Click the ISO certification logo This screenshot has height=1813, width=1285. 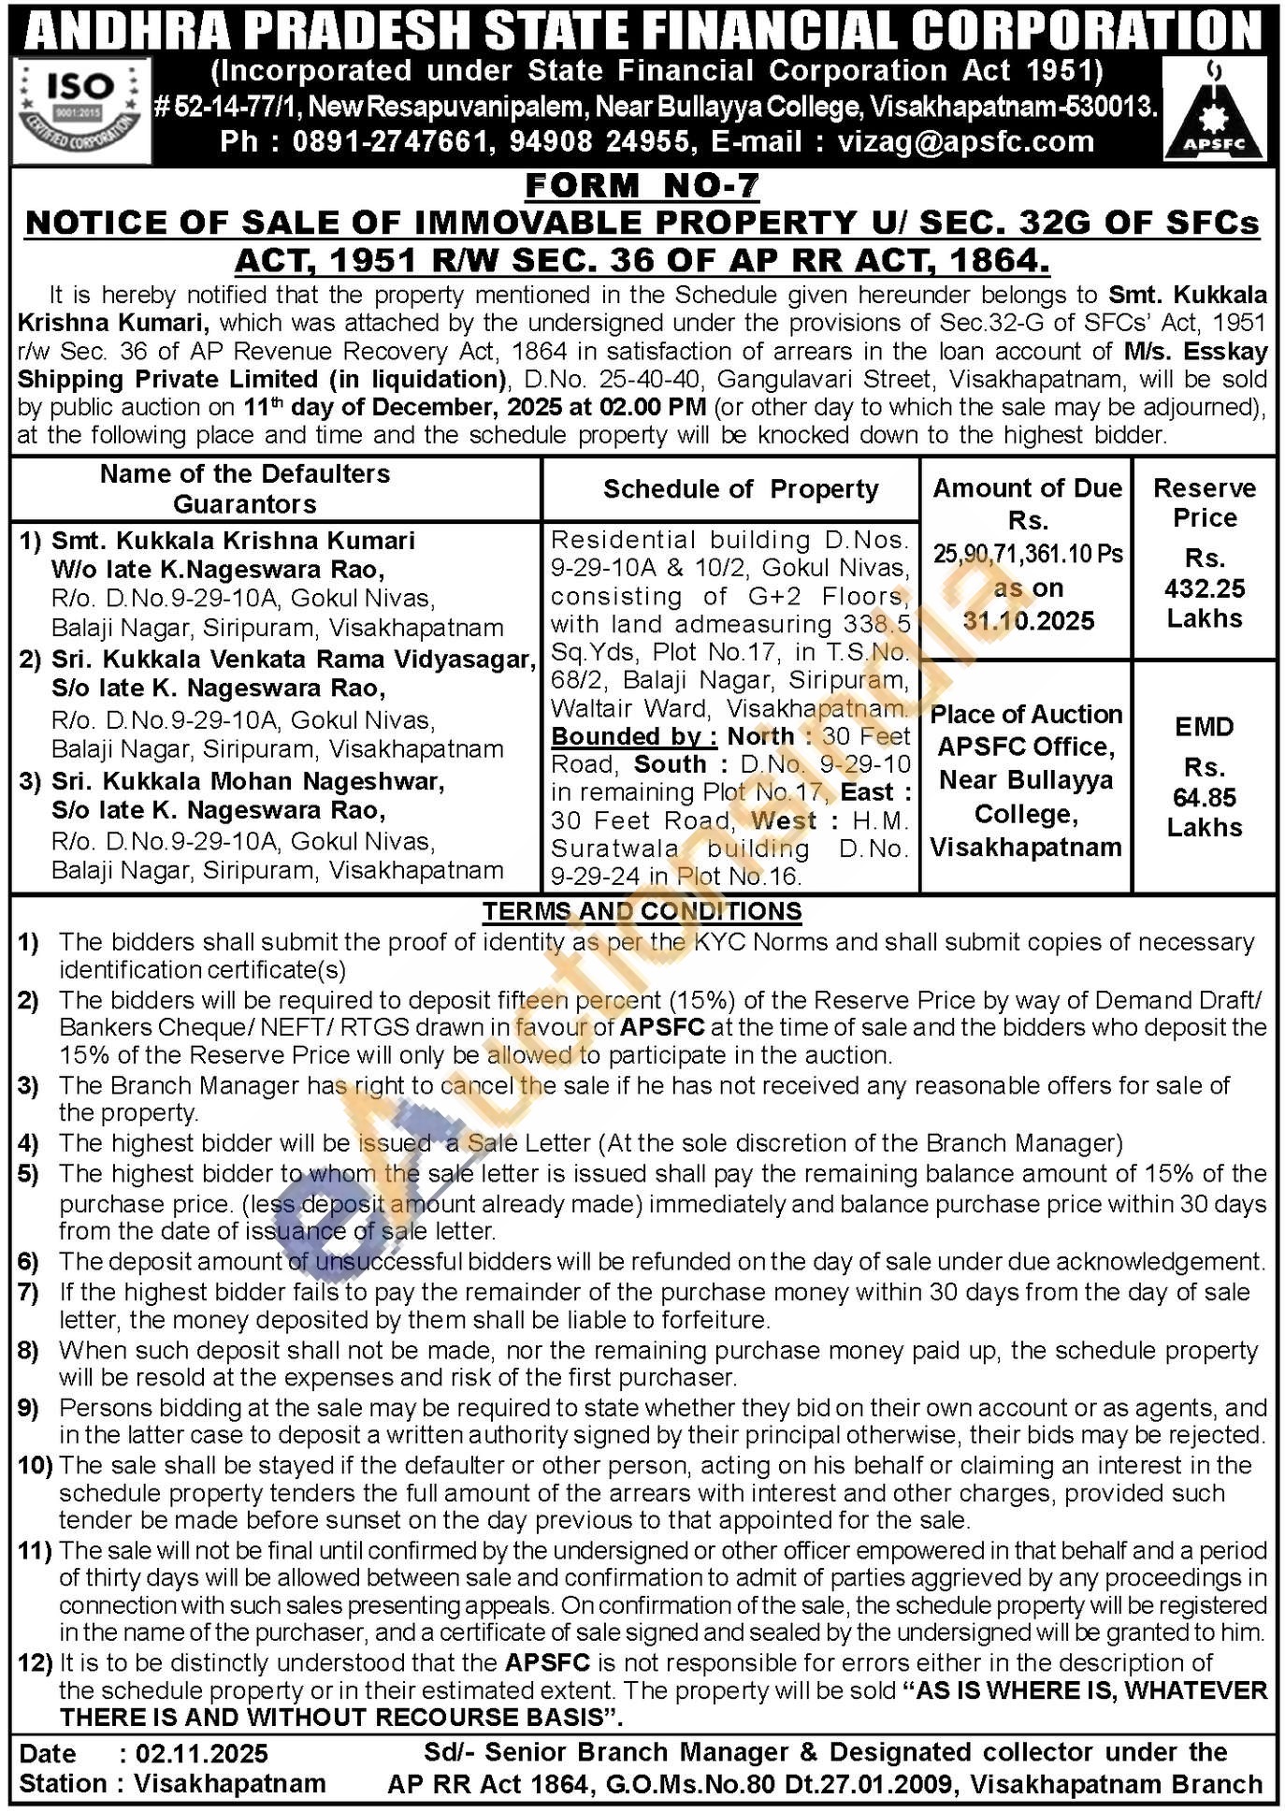pos(83,110)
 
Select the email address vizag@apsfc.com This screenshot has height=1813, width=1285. pos(966,142)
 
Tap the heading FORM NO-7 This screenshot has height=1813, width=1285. pos(642,186)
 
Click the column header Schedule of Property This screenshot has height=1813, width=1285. pos(741,489)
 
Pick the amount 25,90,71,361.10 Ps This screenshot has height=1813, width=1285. pos(1027,554)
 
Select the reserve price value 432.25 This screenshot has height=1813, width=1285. pos(1205,588)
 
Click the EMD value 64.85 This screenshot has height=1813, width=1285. pos(1205,798)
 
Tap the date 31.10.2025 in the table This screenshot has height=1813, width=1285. pos(1028,621)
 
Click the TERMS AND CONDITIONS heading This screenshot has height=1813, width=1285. pos(642,911)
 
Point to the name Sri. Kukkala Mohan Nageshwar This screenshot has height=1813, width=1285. pos(247,781)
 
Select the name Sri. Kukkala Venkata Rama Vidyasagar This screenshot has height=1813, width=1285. pos(293,660)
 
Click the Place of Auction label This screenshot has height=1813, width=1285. pos(1026,715)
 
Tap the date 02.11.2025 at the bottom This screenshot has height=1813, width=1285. pos(201,1753)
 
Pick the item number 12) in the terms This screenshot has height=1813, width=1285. pos(35,1663)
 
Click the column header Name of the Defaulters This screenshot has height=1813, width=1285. pos(245,474)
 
